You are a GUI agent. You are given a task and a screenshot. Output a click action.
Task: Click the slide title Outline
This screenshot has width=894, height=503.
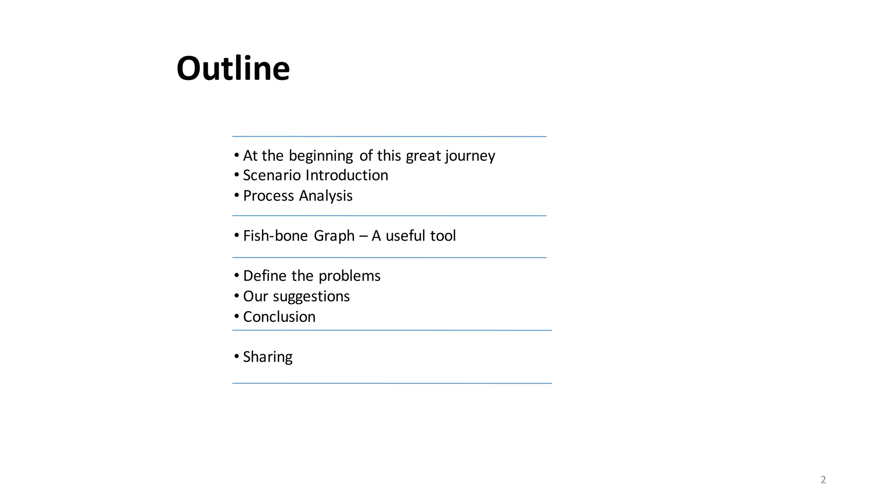(233, 69)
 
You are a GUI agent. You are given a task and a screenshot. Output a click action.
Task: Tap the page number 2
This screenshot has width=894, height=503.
(823, 480)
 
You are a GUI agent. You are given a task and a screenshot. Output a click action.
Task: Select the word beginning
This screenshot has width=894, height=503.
(321, 156)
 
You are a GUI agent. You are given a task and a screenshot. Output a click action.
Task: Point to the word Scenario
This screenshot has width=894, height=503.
(272, 175)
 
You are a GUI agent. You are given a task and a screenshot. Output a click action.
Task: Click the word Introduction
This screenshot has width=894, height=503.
(347, 175)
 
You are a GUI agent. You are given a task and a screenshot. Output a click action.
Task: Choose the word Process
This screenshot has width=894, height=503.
(268, 196)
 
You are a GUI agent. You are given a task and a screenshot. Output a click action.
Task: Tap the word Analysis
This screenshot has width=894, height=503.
(326, 196)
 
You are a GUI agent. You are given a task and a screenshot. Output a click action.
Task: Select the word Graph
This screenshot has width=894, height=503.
(334, 236)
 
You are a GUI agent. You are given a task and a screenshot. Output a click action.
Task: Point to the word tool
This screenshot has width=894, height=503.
(443, 236)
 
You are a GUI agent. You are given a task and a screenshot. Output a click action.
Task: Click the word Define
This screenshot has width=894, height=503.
(265, 276)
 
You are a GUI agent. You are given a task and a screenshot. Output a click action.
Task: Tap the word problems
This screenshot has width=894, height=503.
(349, 276)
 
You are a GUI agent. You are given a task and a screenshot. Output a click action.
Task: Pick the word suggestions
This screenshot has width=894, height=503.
(311, 296)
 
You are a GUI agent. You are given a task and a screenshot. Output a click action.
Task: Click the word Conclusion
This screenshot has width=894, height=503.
(279, 317)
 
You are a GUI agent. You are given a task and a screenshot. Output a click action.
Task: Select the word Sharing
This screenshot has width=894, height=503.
(268, 357)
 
